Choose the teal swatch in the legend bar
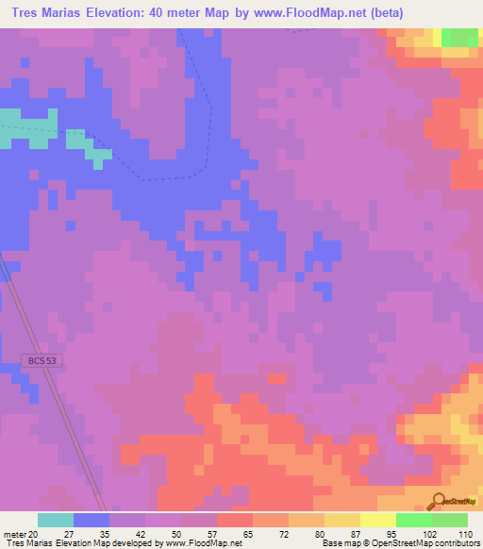(x=55, y=520)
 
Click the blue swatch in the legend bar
(x=91, y=520)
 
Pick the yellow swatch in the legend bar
(x=377, y=520)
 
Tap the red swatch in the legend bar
(x=234, y=520)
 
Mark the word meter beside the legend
(x=15, y=533)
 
